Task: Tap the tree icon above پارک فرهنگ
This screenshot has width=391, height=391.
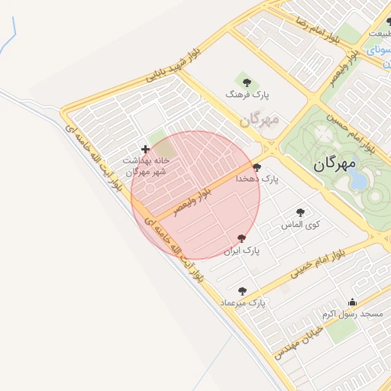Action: [246, 79]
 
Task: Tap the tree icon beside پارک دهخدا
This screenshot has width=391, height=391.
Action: [256, 167]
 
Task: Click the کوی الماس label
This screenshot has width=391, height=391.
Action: [301, 225]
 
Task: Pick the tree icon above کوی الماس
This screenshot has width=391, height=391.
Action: [301, 212]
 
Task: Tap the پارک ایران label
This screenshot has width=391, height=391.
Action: [242, 250]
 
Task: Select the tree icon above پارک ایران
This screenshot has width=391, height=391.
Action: [242, 239]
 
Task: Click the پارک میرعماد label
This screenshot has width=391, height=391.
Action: [242, 303]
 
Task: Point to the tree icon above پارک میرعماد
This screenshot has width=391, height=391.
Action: [242, 291]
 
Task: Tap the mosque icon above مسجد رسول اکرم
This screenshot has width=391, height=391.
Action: [352, 302]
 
